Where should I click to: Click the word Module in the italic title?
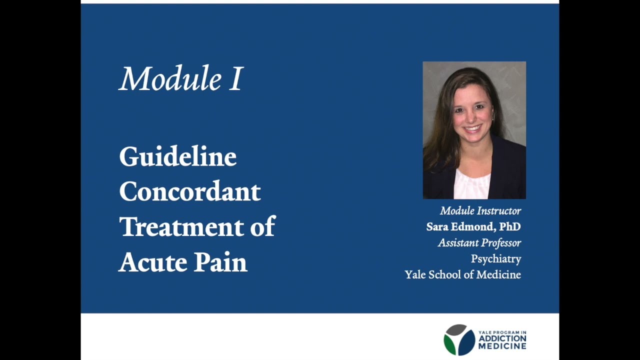pos(170,79)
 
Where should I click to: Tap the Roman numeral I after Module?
pos(235,79)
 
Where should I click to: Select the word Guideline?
pos(177,157)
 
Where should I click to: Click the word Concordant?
pos(189,191)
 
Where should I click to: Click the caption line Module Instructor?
pos(480,211)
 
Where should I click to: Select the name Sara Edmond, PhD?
pos(473,227)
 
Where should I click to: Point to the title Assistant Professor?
pos(479,243)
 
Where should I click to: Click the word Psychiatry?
pos(495,259)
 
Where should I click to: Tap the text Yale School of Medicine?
pos(462,275)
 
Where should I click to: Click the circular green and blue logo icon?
pos(459,339)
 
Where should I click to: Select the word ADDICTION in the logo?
pos(502,338)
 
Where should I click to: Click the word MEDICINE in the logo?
pos(502,345)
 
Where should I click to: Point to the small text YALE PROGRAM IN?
pos(502,332)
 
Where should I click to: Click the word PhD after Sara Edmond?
pos(510,227)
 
